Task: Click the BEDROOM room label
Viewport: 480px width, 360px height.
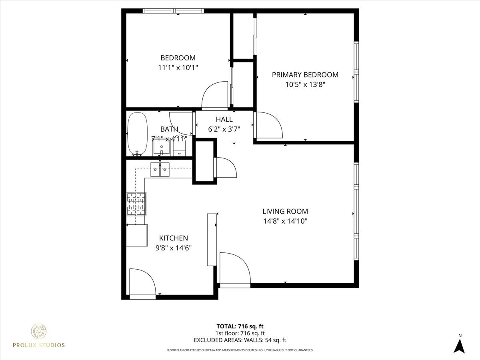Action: [x=178, y=58]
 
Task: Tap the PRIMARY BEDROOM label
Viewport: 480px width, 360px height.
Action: [x=305, y=75]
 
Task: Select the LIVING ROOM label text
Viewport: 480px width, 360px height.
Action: [x=285, y=211]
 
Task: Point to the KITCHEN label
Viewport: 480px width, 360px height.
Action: [x=174, y=238]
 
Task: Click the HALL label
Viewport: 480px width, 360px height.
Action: [x=224, y=119]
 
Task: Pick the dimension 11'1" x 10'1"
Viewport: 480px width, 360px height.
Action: [x=178, y=68]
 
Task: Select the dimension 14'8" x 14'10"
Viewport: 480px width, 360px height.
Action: [x=285, y=221]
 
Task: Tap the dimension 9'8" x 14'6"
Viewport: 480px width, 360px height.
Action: [x=174, y=248]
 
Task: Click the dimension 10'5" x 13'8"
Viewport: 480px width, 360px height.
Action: [x=305, y=84]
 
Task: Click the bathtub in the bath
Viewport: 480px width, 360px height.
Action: [x=137, y=134]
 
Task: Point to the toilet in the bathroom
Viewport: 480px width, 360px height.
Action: [x=179, y=148]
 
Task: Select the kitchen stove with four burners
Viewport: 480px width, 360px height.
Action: [x=136, y=204]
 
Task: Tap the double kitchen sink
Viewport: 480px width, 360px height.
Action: [x=160, y=170]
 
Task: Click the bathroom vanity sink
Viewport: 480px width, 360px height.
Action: [x=162, y=148]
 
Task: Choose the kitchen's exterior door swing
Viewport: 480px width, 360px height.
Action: [x=142, y=282]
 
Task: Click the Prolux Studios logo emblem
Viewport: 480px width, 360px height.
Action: [x=39, y=332]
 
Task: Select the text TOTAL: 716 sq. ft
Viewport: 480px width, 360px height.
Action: [x=240, y=326]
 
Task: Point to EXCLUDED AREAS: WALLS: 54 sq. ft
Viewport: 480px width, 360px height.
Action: [x=240, y=340]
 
